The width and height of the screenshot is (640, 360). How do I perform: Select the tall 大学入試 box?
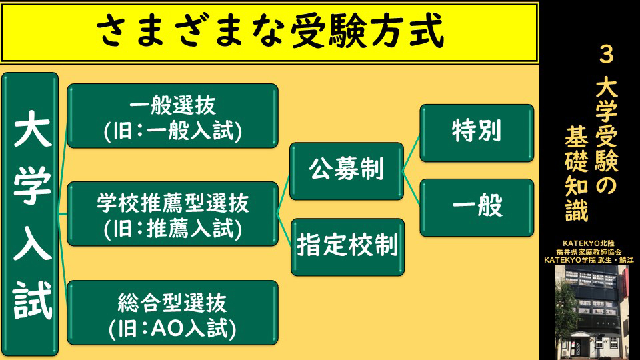coord(30,214)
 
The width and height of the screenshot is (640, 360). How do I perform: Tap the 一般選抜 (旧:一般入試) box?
coord(173,116)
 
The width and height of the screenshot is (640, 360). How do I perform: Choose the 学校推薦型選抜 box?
coord(173,214)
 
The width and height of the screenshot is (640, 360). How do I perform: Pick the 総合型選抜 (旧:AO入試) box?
coord(173,313)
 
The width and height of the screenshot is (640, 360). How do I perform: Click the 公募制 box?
coord(347,171)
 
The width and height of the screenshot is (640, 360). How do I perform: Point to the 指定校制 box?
coord(347,247)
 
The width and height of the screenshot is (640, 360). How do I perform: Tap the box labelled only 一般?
coord(477,208)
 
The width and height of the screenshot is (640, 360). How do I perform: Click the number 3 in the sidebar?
coord(606,54)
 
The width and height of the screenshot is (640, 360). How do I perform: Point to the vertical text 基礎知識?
coord(576,173)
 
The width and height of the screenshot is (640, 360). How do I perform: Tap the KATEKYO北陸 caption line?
coord(588,244)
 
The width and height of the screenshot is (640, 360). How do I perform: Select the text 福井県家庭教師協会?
coord(589,252)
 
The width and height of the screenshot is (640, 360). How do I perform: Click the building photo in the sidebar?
coord(591,312)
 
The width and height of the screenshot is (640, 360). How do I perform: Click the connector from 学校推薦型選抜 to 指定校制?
coord(284,230)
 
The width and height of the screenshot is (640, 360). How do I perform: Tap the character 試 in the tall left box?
coord(32,301)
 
